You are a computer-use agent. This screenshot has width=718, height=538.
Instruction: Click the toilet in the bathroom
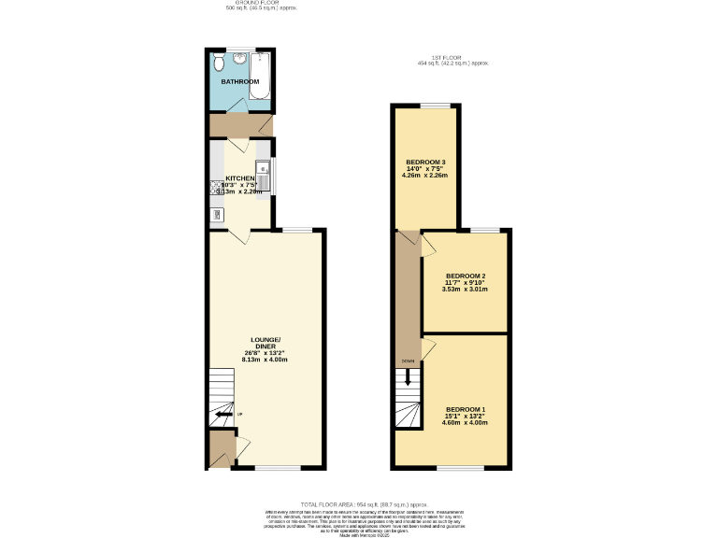(219, 63)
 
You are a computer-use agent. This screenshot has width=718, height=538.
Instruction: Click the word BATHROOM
(239, 82)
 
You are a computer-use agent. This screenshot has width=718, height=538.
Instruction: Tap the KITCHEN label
(240, 178)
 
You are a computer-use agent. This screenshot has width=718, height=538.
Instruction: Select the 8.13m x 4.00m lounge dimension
(265, 360)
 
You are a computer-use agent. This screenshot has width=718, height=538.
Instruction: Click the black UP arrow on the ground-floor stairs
(223, 416)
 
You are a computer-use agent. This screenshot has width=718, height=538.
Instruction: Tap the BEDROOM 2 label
(465, 276)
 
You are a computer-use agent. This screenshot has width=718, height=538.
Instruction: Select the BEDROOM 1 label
(465, 410)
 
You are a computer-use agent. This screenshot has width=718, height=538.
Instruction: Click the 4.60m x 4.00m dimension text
(465, 423)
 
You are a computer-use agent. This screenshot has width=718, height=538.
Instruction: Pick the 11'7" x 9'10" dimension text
(465, 282)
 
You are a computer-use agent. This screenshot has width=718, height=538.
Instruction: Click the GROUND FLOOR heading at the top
(262, 3)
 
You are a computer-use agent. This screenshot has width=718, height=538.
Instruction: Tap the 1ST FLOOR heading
(453, 58)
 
